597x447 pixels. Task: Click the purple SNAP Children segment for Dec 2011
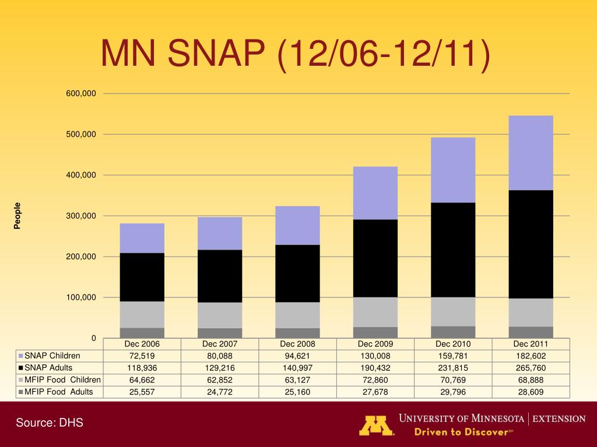click(531, 152)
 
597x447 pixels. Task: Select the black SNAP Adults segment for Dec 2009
click(375, 258)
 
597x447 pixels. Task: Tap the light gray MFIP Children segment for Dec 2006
click(142, 314)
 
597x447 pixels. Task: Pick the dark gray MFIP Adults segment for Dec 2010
click(453, 332)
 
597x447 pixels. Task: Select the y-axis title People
click(17, 216)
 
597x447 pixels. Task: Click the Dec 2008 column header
click(297, 344)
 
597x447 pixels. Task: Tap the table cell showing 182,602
click(531, 356)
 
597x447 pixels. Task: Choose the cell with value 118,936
click(142, 368)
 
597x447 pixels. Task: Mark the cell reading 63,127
click(297, 380)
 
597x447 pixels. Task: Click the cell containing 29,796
click(453, 392)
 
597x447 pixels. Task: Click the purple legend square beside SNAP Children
click(20, 356)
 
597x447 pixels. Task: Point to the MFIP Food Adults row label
click(58, 392)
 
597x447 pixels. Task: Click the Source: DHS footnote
click(50, 423)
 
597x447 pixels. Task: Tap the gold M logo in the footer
click(376, 425)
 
